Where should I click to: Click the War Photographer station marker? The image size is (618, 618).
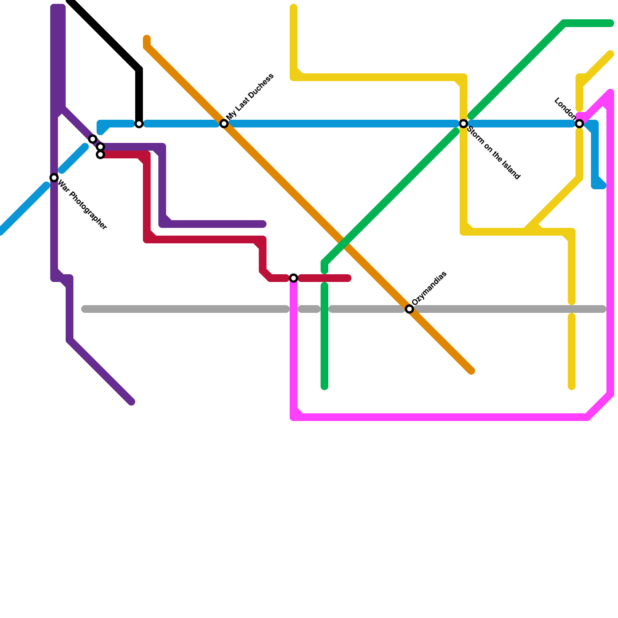point(54,178)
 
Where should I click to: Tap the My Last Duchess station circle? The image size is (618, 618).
point(224,124)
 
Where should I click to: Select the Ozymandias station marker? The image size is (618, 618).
point(409,309)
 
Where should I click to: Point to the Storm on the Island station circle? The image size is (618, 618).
point(463,124)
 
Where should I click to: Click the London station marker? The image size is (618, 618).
point(579,124)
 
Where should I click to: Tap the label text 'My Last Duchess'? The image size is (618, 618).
point(250,96)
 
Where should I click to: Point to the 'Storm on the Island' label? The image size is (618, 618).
point(494,153)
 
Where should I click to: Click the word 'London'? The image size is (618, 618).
point(565,107)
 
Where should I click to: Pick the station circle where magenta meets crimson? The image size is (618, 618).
point(294,278)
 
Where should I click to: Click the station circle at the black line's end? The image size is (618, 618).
point(139,124)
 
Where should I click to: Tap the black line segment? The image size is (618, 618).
point(104,37)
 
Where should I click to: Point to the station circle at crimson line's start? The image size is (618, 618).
point(100,155)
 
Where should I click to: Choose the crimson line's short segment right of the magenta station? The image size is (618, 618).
point(324,278)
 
